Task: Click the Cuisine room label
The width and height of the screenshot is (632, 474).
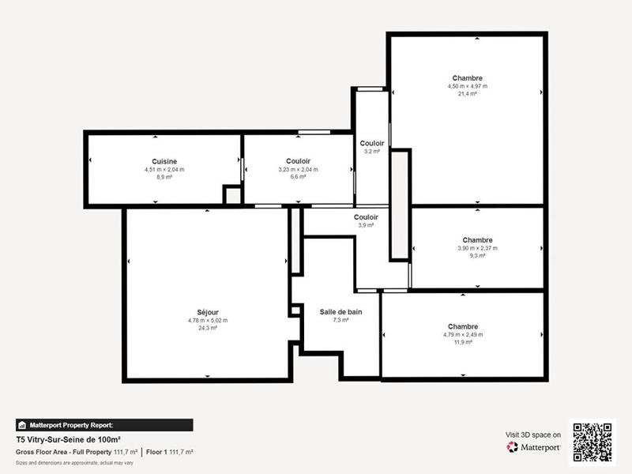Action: [x=164, y=161]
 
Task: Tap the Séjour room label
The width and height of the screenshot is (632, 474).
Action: [x=207, y=311]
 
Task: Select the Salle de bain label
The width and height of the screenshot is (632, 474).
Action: [x=341, y=312]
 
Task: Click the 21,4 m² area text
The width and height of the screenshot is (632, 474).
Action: [x=468, y=94]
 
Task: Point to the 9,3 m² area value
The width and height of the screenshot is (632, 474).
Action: [x=478, y=256]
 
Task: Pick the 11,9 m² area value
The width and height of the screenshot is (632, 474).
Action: [x=463, y=342]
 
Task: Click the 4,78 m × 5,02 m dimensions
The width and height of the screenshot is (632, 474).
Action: [x=207, y=320]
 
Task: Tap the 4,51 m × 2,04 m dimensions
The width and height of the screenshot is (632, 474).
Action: [x=164, y=169]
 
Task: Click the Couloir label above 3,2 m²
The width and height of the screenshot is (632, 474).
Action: [x=372, y=143]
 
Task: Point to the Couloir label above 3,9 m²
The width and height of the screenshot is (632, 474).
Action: [x=366, y=217]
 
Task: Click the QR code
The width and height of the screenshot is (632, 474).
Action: [x=592, y=442]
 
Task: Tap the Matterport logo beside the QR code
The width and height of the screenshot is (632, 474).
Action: [x=534, y=447]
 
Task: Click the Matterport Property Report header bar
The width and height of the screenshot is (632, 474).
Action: [x=103, y=424]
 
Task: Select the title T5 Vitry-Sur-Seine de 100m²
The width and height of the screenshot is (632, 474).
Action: [x=68, y=439]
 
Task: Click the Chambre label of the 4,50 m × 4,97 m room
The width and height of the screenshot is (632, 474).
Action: [x=468, y=78]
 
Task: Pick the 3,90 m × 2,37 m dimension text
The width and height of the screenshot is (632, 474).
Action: [x=478, y=248]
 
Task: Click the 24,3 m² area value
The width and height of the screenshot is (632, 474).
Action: [x=207, y=328]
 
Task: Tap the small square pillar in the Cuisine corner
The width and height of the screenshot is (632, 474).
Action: [x=232, y=195]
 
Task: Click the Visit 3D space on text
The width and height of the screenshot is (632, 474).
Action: [x=533, y=434]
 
